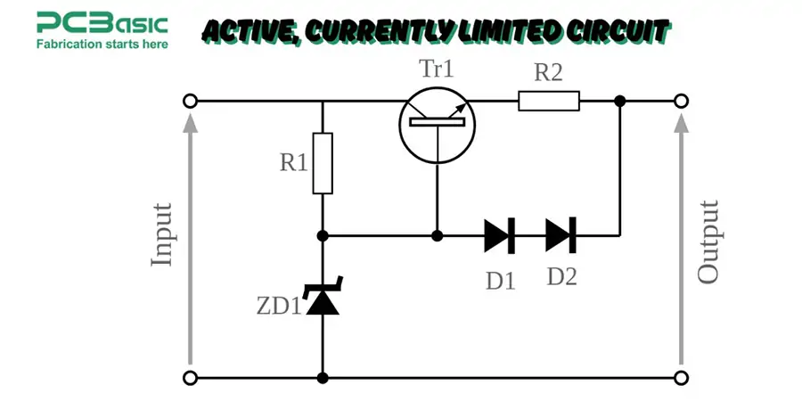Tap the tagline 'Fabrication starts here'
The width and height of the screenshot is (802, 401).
pos(101,42)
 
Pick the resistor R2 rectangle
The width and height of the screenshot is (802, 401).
pos(549,102)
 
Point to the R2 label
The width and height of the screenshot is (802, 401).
pos(548,74)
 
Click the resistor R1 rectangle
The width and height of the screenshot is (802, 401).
pos(323,163)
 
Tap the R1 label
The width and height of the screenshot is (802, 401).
pos(293,163)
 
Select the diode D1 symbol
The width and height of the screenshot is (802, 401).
pos(499,235)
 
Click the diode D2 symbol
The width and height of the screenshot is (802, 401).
pos(561,235)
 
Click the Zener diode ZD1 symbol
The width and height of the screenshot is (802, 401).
pos(323,300)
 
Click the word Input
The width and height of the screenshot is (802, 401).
pos(162,235)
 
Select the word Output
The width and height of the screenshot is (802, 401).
pos(708,241)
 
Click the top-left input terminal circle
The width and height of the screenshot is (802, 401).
pos(190,102)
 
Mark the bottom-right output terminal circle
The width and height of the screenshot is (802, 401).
pos(681,378)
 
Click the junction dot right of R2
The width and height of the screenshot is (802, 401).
pos(620,102)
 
